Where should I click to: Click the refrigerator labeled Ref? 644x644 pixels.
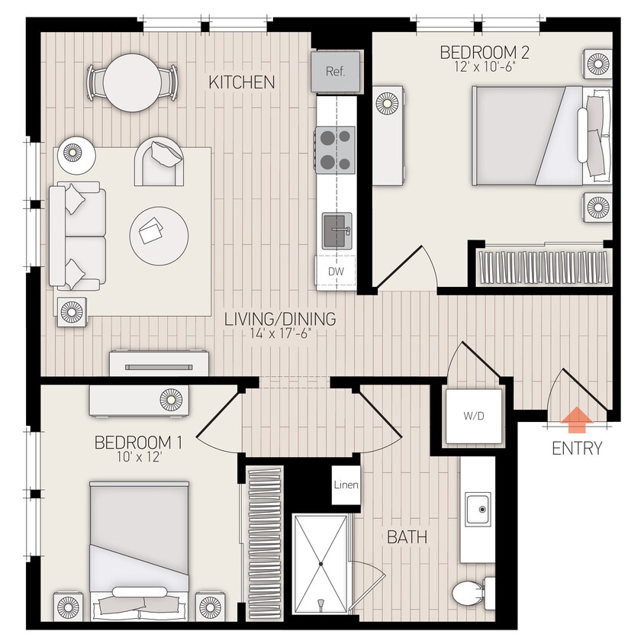(335, 72)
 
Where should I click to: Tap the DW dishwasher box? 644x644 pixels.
(335, 271)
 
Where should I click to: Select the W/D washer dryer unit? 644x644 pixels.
(474, 417)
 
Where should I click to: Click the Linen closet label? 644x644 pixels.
(346, 485)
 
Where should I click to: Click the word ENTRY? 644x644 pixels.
(577, 449)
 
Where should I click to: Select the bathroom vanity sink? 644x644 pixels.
(478, 507)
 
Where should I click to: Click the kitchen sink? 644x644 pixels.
(336, 231)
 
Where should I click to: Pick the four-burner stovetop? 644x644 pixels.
(336, 149)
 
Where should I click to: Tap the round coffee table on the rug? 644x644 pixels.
(159, 235)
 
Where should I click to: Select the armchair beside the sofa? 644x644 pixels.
(159, 161)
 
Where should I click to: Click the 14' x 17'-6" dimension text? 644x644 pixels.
(280, 333)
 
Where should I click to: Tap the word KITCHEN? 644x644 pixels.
(241, 82)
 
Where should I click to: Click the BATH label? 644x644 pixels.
(407, 537)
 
